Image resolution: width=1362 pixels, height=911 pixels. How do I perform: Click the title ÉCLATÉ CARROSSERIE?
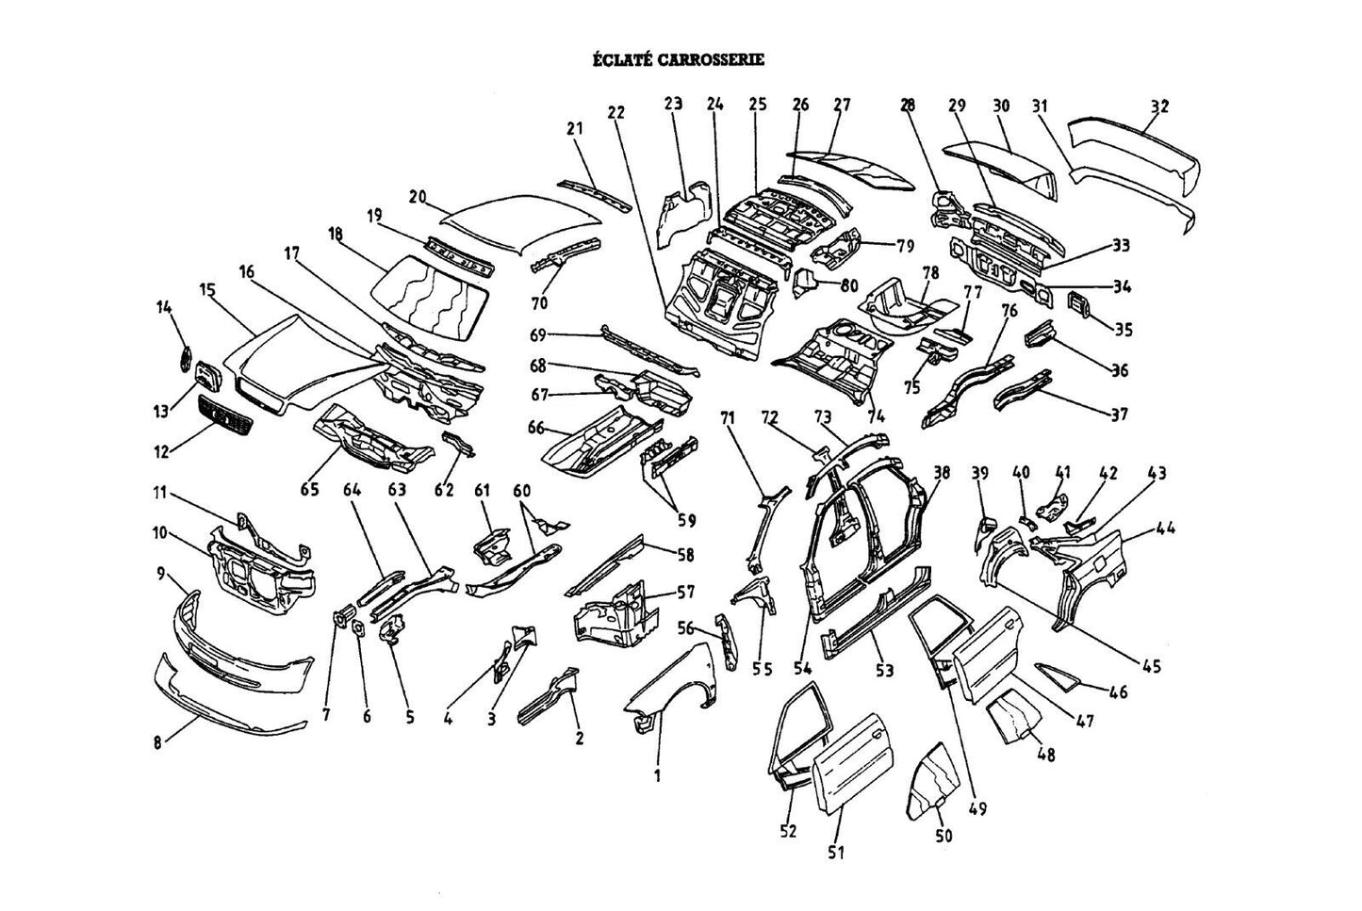[679, 59]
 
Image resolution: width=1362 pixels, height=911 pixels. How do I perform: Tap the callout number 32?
[1159, 106]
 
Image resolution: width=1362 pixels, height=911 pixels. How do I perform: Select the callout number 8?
[157, 742]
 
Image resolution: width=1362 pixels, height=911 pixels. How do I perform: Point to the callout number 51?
[836, 853]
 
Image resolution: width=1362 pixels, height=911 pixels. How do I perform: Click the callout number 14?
[164, 307]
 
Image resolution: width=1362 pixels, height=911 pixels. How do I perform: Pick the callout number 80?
[849, 285]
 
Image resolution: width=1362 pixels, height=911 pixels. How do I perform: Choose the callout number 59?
[686, 520]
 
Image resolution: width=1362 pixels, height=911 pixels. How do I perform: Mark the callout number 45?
[1151, 666]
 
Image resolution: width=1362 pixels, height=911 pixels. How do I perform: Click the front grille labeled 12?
[225, 415]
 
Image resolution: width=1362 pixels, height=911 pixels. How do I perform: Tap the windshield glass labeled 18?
[430, 296]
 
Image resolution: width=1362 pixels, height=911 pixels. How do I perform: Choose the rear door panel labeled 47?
[987, 654]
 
